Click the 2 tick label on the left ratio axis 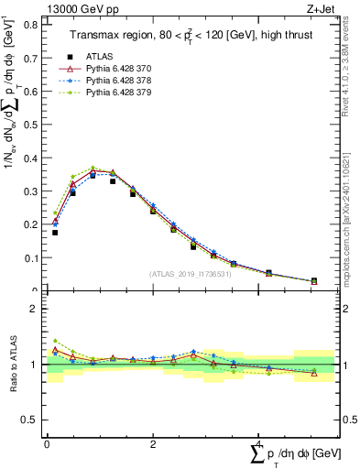point(35,310)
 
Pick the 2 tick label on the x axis point(153,444)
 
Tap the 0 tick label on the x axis point(47,444)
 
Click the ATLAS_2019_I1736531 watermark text point(190,274)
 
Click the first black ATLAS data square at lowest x point(55,233)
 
